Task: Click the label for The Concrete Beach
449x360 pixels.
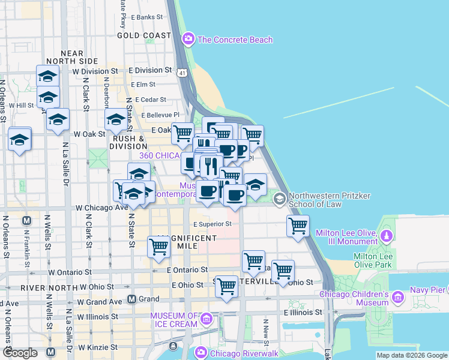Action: point(235,40)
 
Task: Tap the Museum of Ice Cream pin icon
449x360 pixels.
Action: point(206,319)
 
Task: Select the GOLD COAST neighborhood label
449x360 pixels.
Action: point(144,35)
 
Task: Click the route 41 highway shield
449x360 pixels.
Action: point(182,72)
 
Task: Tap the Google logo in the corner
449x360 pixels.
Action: point(20,353)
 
